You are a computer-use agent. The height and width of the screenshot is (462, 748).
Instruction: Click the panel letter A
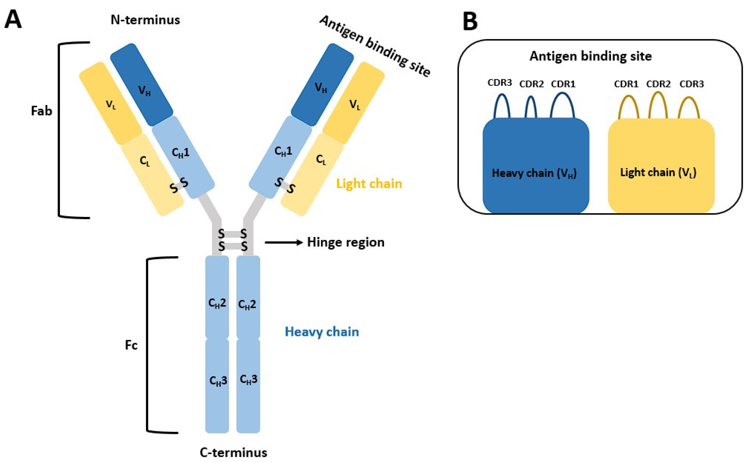point(13,19)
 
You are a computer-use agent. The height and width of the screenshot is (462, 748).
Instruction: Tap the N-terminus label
point(145,20)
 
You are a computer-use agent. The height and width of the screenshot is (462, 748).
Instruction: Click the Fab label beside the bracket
point(42,111)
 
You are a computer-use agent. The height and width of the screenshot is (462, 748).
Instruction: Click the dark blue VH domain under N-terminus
point(142,85)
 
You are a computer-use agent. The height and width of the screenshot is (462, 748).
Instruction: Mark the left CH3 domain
point(217,385)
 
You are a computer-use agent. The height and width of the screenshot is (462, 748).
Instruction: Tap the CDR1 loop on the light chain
point(628,107)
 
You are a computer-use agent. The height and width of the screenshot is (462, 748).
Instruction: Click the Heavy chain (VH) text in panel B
point(534,173)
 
